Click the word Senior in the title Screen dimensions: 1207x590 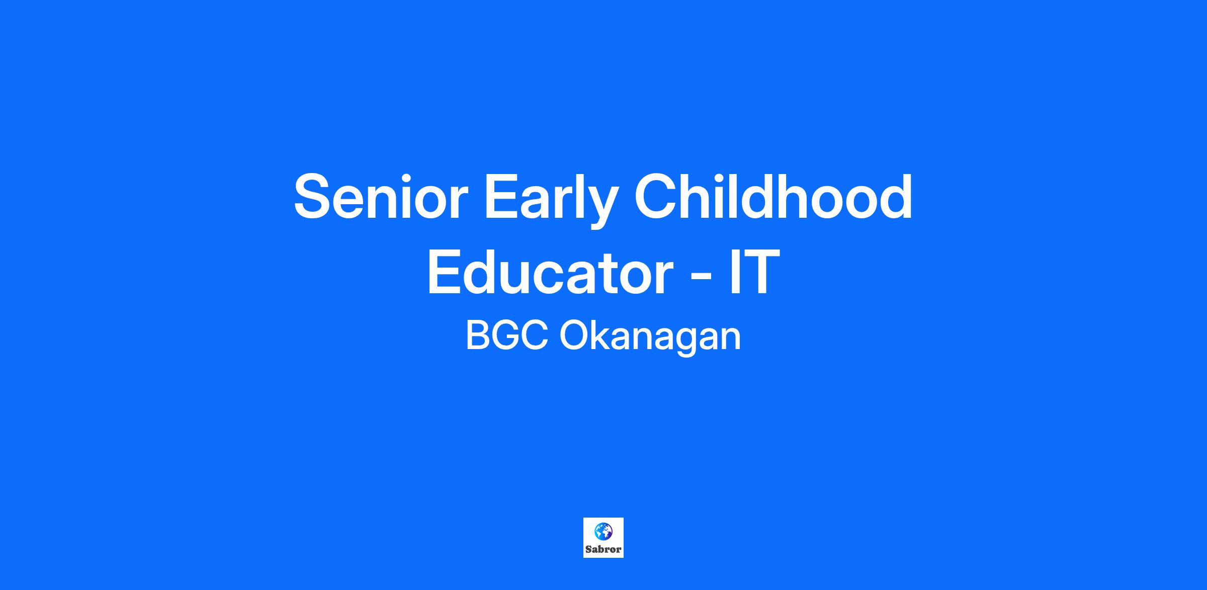coord(381,197)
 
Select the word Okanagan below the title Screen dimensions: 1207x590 coord(650,338)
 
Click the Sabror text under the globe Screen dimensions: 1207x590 coord(603,549)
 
